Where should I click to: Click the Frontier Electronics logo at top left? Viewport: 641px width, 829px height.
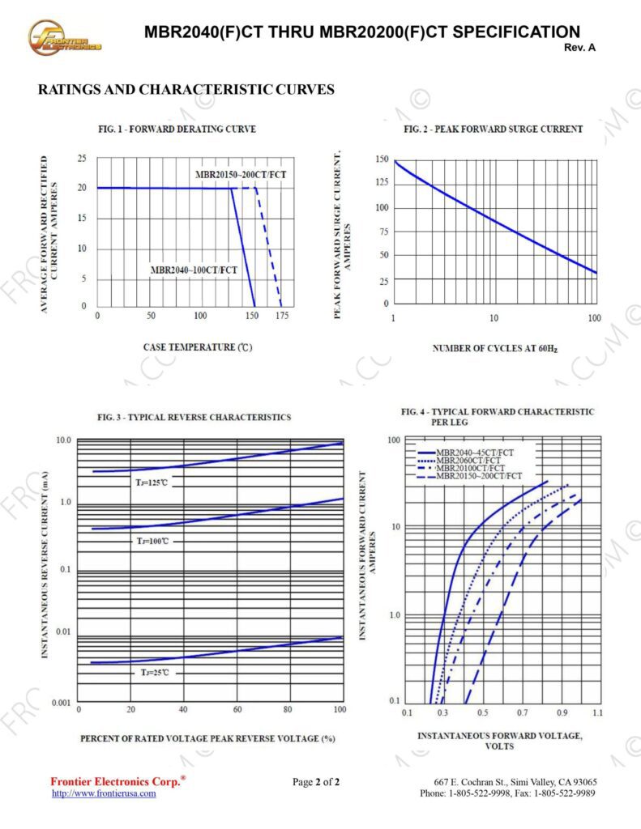(64, 37)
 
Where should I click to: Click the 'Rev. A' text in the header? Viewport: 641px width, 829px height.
(579, 48)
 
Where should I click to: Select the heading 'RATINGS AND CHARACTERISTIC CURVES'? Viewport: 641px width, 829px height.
(186, 90)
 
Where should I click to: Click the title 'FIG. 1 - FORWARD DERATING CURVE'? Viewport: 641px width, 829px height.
(177, 130)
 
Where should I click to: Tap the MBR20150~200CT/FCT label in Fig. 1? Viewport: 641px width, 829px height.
(241, 175)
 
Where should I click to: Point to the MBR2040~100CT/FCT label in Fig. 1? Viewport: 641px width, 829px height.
(194, 270)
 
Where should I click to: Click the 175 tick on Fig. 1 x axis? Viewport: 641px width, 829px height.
(281, 315)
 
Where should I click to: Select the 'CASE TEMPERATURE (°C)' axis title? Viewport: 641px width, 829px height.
(198, 347)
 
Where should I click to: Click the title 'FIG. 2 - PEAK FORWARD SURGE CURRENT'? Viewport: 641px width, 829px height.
(493, 130)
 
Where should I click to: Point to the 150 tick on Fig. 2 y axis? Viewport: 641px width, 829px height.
(382, 159)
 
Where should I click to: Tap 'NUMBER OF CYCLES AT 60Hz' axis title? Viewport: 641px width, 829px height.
(494, 348)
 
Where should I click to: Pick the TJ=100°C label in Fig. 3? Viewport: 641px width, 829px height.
(153, 541)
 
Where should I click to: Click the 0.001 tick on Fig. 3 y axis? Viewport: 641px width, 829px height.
(62, 702)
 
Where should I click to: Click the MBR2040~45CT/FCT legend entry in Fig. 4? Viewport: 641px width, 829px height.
(474, 452)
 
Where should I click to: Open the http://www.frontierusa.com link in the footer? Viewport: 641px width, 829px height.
(104, 793)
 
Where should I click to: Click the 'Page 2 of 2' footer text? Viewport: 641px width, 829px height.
(316, 782)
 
